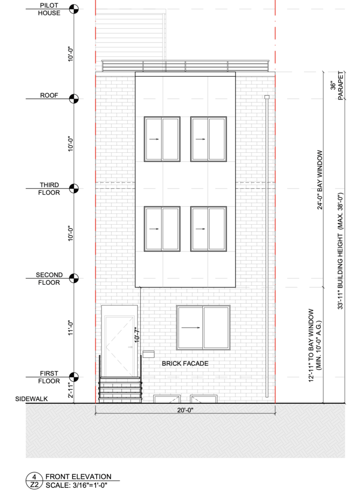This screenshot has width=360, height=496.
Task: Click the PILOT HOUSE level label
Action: [x=49, y=9]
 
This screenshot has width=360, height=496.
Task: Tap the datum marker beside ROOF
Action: [x=74, y=99]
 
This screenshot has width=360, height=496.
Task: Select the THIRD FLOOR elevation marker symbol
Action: [x=74, y=188]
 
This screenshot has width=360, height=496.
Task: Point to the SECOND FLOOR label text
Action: [x=49, y=279]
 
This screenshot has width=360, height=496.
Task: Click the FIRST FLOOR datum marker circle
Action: [x=74, y=377]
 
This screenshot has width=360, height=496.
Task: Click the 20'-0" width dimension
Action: [x=185, y=410]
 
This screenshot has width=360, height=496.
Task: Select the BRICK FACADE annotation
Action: [x=185, y=364]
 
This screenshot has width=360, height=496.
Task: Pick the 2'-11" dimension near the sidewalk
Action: [x=70, y=390]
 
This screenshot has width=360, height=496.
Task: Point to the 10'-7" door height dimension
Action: [x=136, y=334]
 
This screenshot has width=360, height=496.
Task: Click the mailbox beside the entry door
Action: [x=148, y=354]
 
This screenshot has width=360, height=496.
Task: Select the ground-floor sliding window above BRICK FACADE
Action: [x=203, y=327]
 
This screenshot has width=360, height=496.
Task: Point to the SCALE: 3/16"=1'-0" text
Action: [x=76, y=485]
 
